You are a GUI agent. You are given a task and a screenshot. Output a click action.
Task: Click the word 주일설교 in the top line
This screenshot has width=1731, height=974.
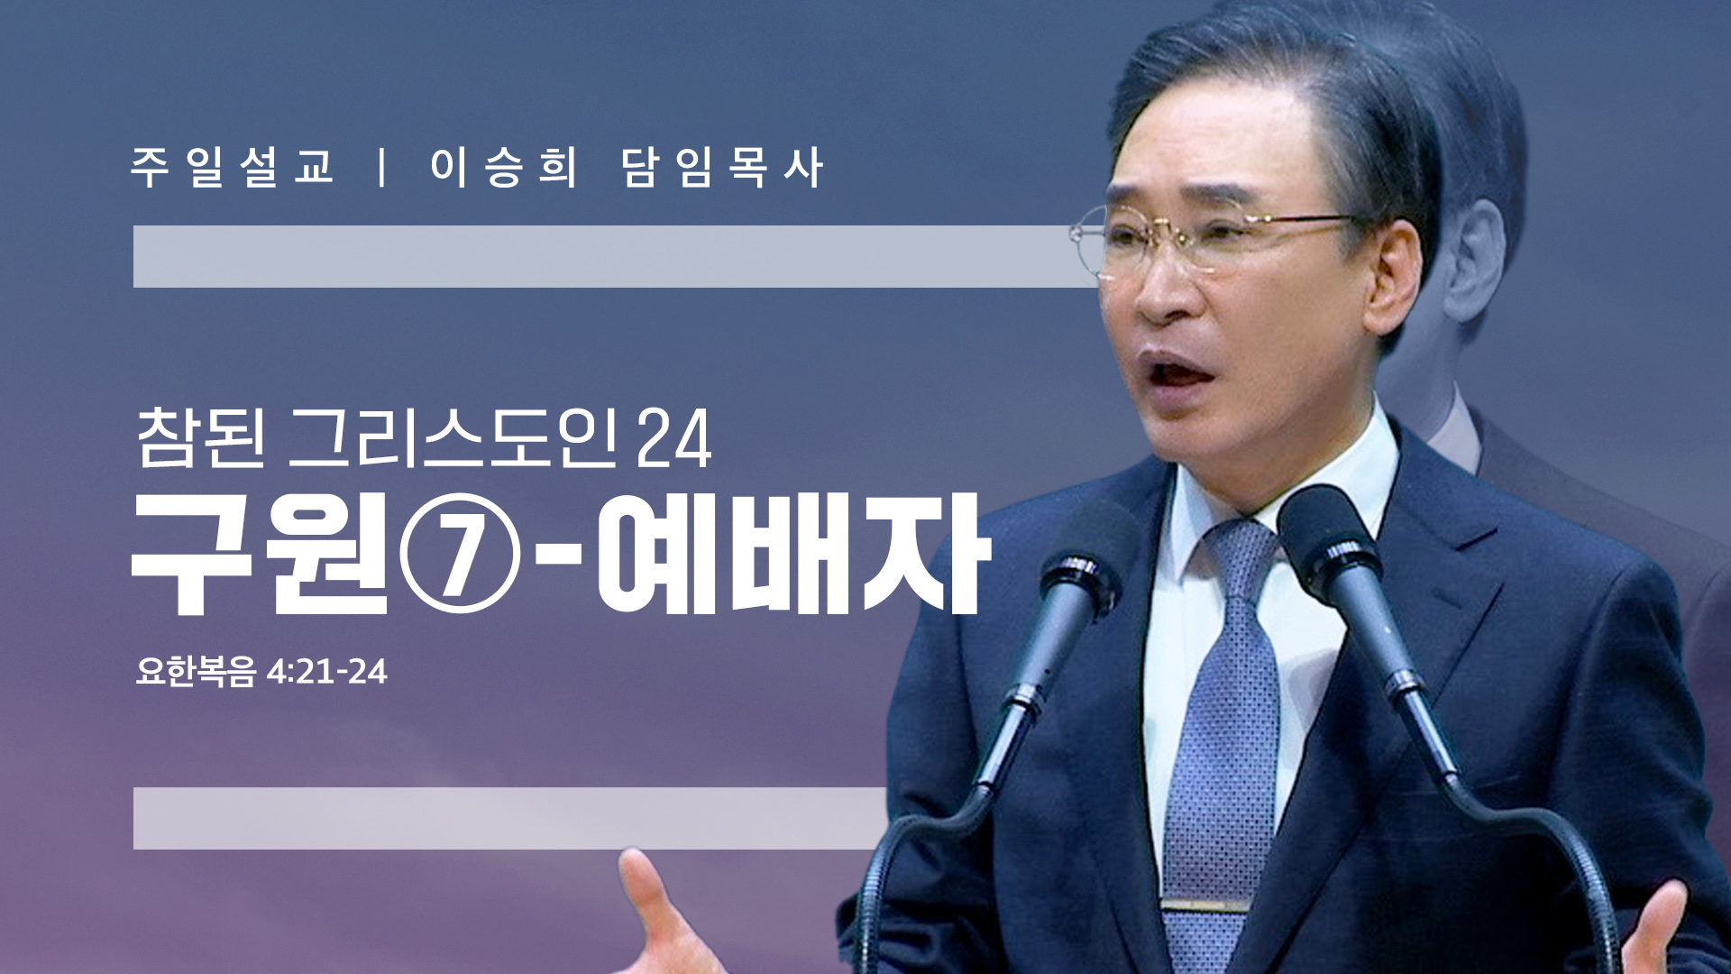click(x=233, y=168)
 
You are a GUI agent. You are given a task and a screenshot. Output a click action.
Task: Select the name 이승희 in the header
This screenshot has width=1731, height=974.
click(x=503, y=168)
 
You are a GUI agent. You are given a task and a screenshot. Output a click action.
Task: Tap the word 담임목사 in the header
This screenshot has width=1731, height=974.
click(x=722, y=168)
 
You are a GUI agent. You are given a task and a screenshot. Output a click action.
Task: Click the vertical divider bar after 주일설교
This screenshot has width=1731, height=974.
click(x=383, y=168)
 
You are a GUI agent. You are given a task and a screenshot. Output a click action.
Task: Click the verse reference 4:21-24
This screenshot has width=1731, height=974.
click(x=326, y=672)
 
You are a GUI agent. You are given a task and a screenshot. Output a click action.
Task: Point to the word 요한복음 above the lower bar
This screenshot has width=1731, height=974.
click(x=196, y=672)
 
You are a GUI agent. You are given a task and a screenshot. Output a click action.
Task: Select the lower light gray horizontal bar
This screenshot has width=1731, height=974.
click(x=510, y=818)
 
